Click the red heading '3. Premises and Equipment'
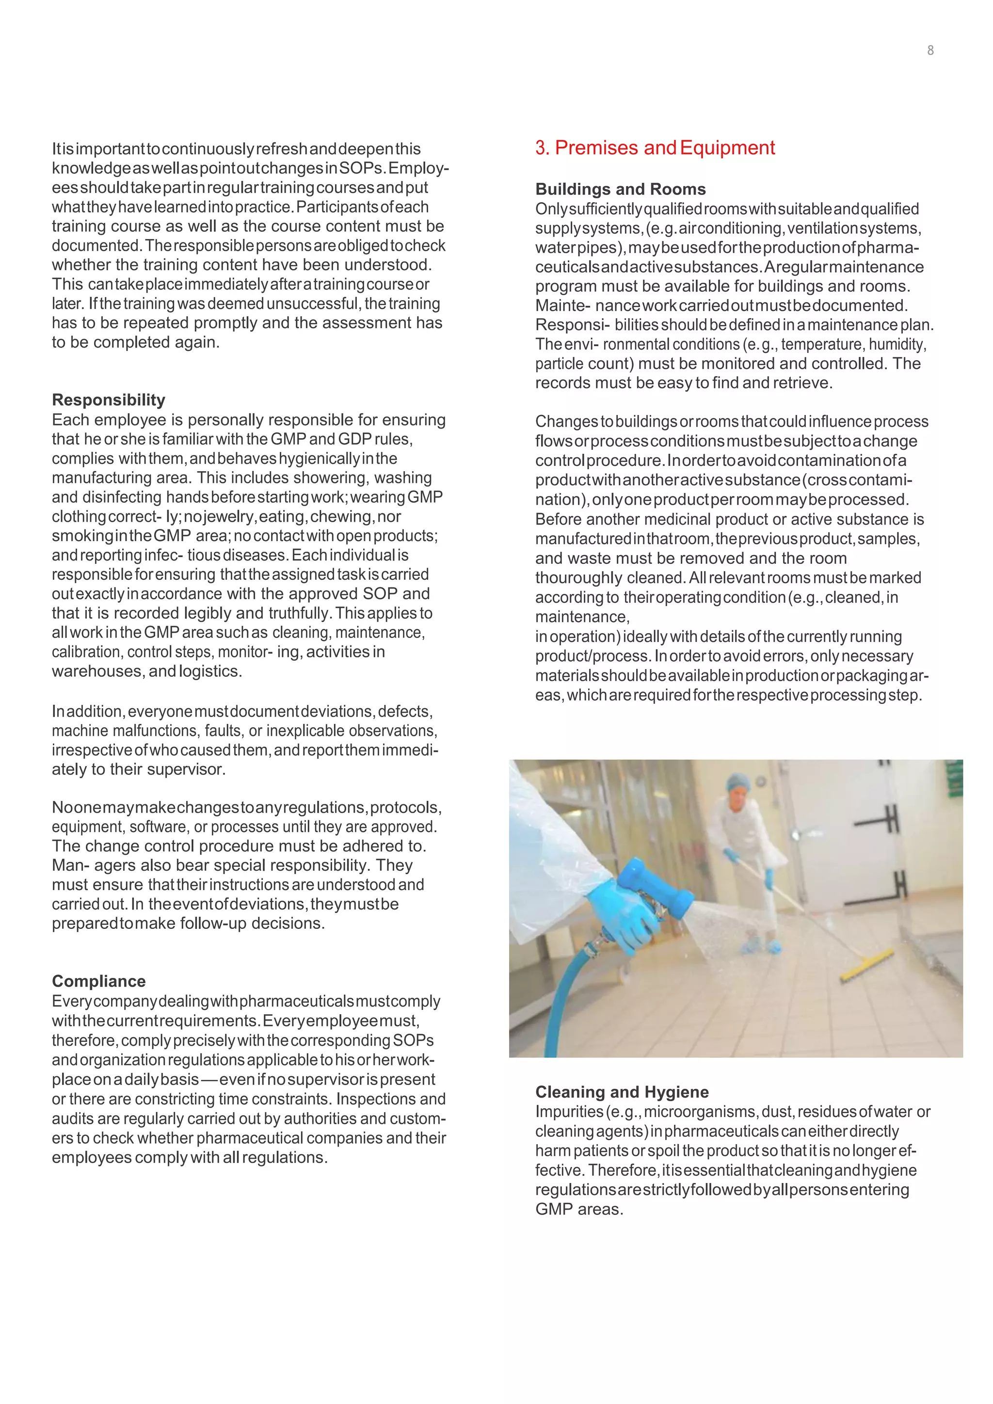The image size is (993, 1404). (655, 148)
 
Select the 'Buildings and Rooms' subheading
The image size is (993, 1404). (620, 189)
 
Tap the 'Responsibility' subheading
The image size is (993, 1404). (108, 400)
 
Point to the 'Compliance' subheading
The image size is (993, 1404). (98, 981)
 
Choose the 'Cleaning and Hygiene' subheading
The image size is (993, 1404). (622, 1092)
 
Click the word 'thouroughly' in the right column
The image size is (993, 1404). (578, 578)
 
